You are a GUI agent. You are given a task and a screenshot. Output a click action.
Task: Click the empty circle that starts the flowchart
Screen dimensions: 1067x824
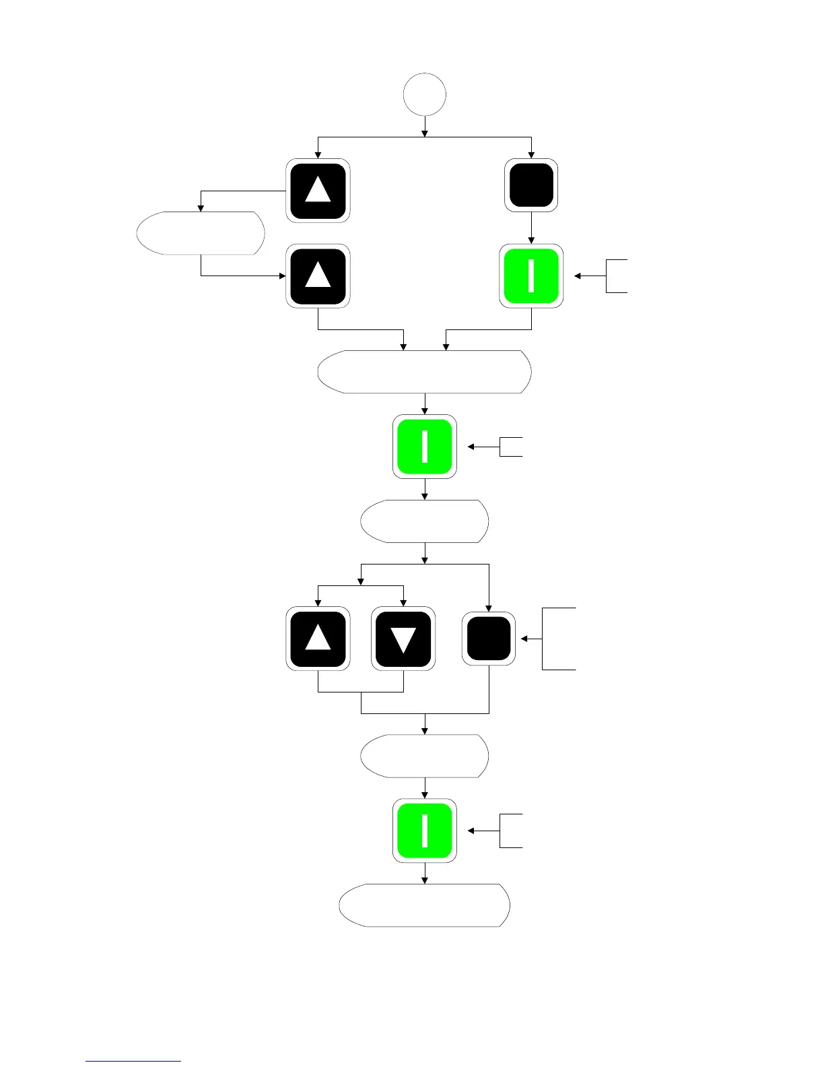tap(424, 94)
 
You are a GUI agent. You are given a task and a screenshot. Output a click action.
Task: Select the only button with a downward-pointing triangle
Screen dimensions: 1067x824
tap(403, 639)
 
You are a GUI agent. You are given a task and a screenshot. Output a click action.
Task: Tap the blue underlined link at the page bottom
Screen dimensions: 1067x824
tap(133, 1061)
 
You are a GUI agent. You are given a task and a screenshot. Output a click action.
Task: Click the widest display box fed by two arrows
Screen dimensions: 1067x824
tap(424, 371)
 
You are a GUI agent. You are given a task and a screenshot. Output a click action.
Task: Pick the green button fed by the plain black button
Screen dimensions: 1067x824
tap(531, 276)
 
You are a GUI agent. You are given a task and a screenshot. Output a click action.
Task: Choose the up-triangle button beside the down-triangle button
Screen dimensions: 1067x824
tap(318, 639)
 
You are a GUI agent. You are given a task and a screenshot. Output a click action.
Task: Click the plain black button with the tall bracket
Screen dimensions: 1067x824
tap(489, 639)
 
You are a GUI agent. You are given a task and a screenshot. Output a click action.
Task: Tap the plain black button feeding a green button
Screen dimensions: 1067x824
tap(531, 185)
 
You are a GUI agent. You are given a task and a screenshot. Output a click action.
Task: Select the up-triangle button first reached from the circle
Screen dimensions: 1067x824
tap(318, 190)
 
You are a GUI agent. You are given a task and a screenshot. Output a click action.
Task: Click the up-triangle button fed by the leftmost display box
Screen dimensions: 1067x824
tap(318, 276)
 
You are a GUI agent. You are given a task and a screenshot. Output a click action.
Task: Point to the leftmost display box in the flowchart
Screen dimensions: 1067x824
tap(200, 233)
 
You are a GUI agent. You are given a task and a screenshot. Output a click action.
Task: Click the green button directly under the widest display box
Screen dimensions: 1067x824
tap(424, 446)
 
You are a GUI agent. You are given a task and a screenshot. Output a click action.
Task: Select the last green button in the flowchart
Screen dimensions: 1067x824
tap(424, 831)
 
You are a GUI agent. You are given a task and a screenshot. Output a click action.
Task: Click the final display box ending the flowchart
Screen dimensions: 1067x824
tap(424, 905)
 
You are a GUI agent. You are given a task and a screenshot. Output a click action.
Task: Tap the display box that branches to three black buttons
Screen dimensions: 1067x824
tap(424, 521)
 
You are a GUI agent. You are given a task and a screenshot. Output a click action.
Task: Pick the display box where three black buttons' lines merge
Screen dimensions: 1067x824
tap(424, 756)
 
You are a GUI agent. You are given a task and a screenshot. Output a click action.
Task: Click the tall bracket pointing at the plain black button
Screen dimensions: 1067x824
tap(559, 639)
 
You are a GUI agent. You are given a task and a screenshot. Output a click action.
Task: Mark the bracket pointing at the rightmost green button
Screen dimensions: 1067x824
tap(617, 276)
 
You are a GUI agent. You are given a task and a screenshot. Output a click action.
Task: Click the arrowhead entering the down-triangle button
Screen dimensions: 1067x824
tap(403, 604)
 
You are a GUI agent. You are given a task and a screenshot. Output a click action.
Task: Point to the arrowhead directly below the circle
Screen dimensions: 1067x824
tap(425, 133)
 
